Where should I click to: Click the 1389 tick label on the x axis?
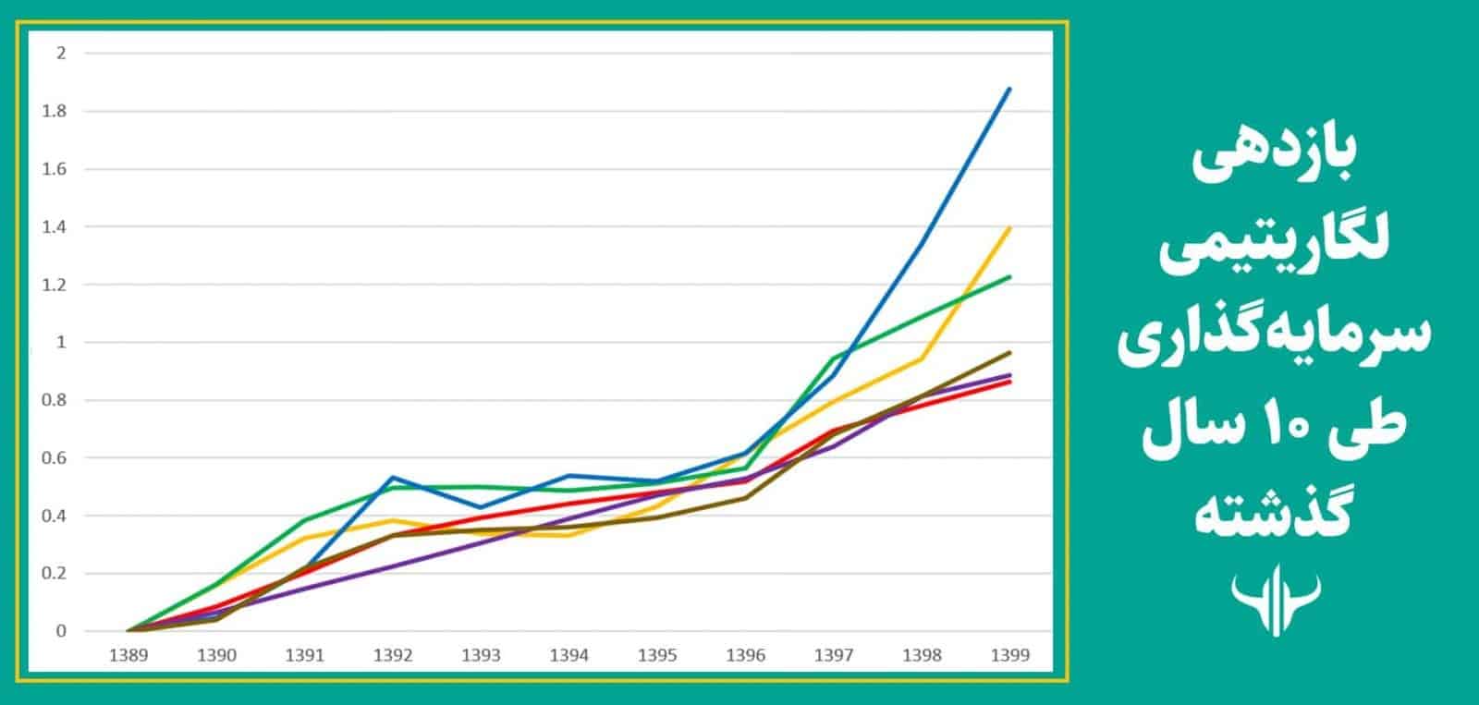click(128, 655)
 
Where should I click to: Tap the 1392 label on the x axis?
click(392, 655)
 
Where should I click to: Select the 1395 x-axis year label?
click(657, 655)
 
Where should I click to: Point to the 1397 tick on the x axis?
click(834, 655)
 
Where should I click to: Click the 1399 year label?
click(1009, 655)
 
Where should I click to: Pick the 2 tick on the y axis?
click(61, 53)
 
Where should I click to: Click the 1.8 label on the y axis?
click(55, 111)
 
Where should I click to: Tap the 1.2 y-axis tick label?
click(55, 285)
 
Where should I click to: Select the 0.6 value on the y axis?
click(55, 458)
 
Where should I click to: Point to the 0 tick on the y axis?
click(61, 632)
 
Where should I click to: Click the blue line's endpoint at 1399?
click(1010, 89)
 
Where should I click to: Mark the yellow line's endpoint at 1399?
click(1010, 227)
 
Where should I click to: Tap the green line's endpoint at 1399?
click(1010, 276)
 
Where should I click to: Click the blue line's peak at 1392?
click(393, 477)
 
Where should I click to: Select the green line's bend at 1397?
click(835, 359)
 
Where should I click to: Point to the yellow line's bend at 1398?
click(923, 359)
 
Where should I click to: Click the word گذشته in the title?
click(1277, 513)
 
